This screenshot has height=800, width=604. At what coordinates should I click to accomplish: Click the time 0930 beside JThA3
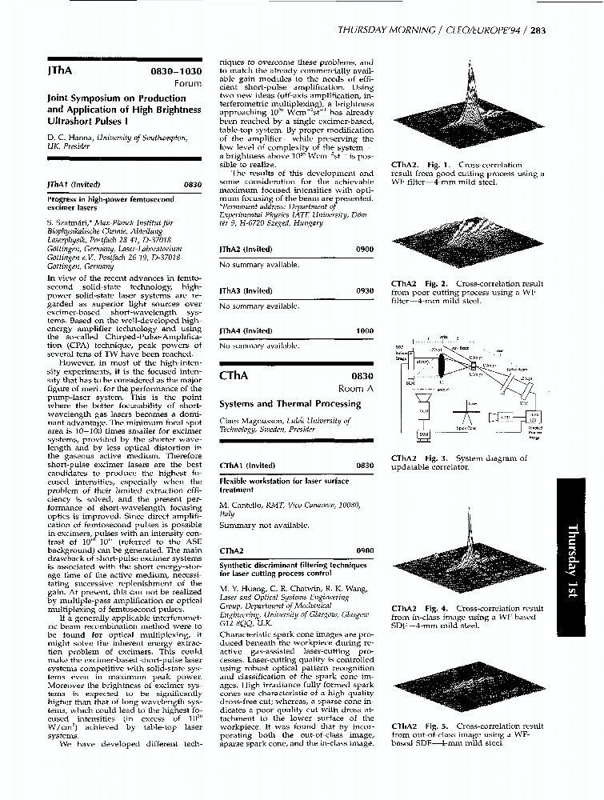[364, 291]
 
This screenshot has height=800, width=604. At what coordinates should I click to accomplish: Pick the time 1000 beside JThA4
[364, 330]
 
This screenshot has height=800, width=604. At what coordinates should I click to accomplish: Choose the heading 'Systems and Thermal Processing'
[290, 404]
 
